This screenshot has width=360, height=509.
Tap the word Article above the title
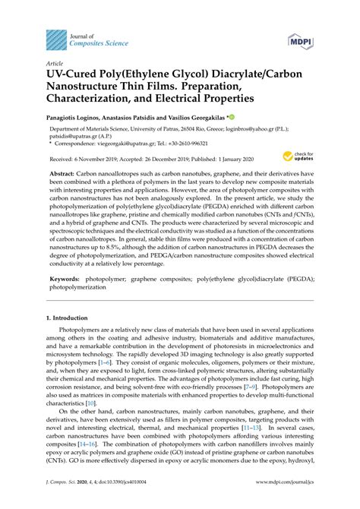click(55, 64)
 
